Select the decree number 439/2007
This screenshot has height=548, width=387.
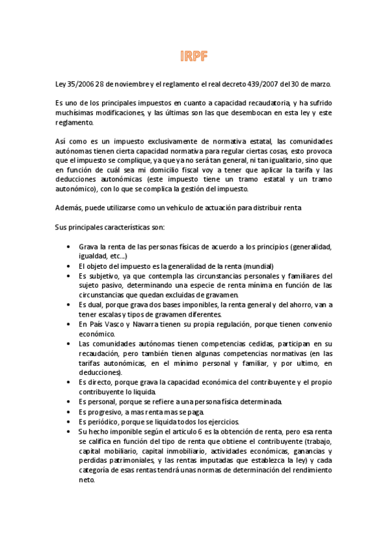tap(267, 85)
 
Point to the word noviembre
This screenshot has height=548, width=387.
tap(129, 85)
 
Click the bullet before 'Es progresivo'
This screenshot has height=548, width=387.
tap(70, 412)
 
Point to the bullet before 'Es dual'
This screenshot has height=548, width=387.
tap(70, 304)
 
